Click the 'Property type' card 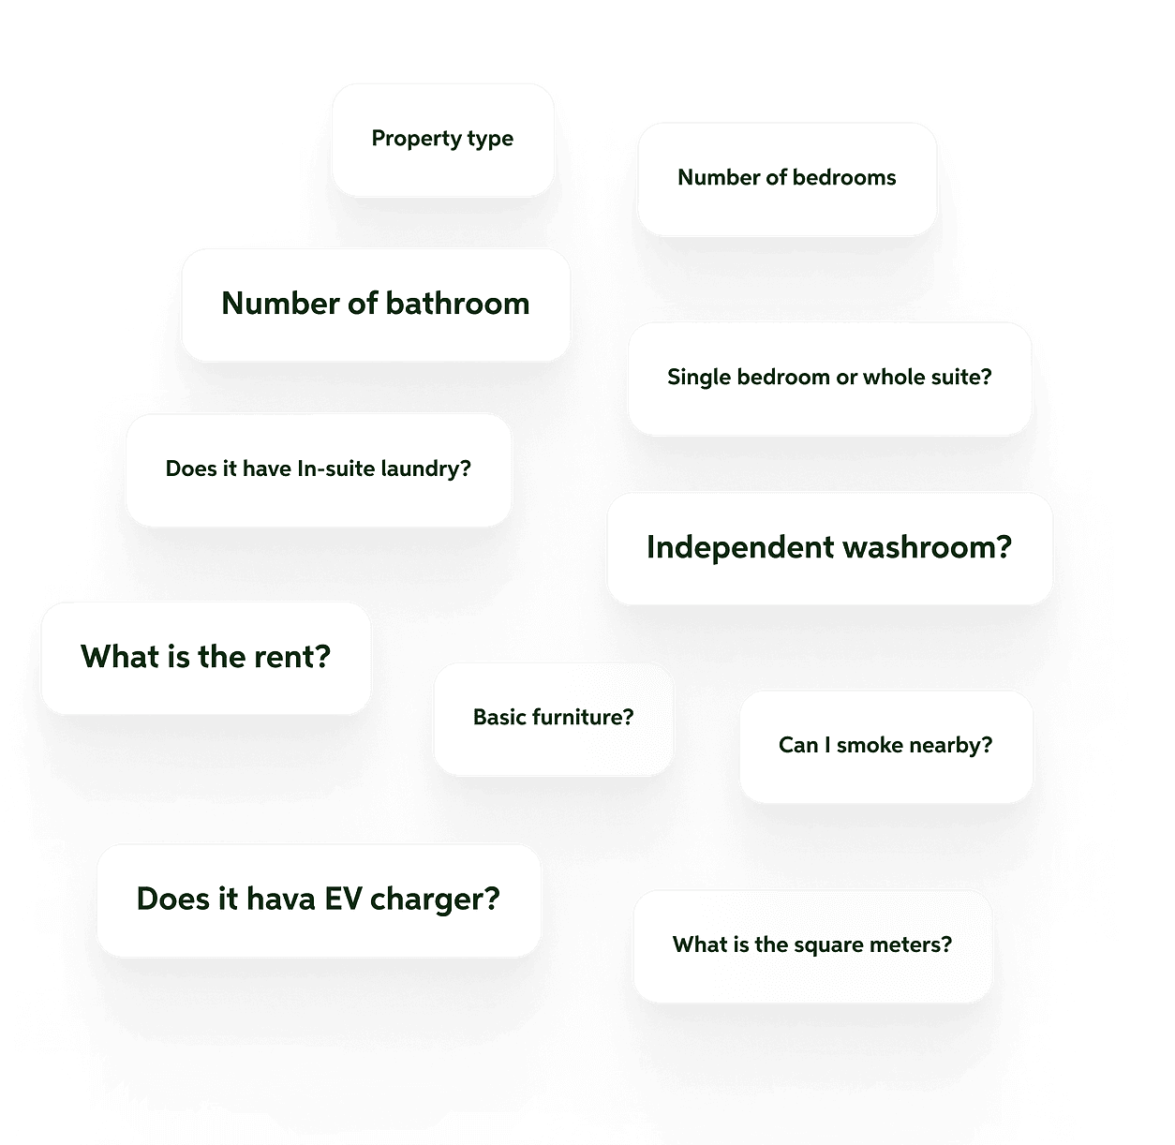442,140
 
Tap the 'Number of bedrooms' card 787,178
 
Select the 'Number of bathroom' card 376,305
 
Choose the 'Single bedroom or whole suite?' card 829,378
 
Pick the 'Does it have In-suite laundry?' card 319,469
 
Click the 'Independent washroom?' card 829,548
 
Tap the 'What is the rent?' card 205,658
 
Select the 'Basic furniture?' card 553,719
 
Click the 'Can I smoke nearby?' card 885,746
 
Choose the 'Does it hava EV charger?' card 319,900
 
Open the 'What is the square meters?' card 812,945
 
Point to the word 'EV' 343,900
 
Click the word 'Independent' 722,548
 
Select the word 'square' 827,945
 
